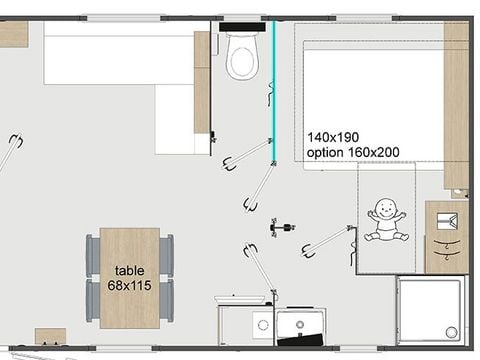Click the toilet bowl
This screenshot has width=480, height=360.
coord(243,58)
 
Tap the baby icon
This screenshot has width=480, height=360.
coord(385,221)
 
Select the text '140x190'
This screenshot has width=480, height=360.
coord(333,137)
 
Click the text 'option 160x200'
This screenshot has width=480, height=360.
coord(353,152)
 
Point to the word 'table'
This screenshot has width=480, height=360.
coord(129,270)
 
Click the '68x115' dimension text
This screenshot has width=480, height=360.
coord(129,285)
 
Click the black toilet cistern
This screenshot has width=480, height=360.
coord(243,27)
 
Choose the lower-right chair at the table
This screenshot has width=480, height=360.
coord(166,303)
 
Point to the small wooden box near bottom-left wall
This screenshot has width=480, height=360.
coord(50,336)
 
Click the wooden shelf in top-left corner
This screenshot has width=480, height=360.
coord(13,34)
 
